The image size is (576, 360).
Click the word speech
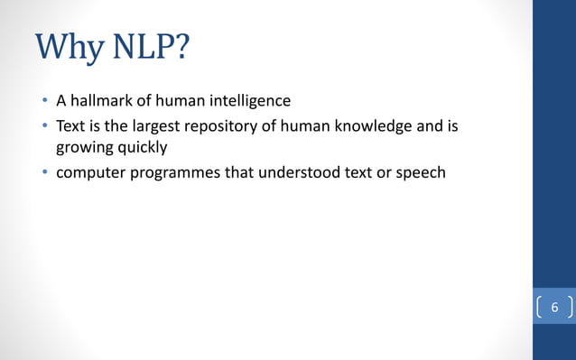[x=422, y=171]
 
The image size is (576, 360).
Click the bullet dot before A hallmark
[x=42, y=101]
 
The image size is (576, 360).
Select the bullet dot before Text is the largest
[x=42, y=127]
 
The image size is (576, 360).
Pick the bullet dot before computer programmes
[x=42, y=172]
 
